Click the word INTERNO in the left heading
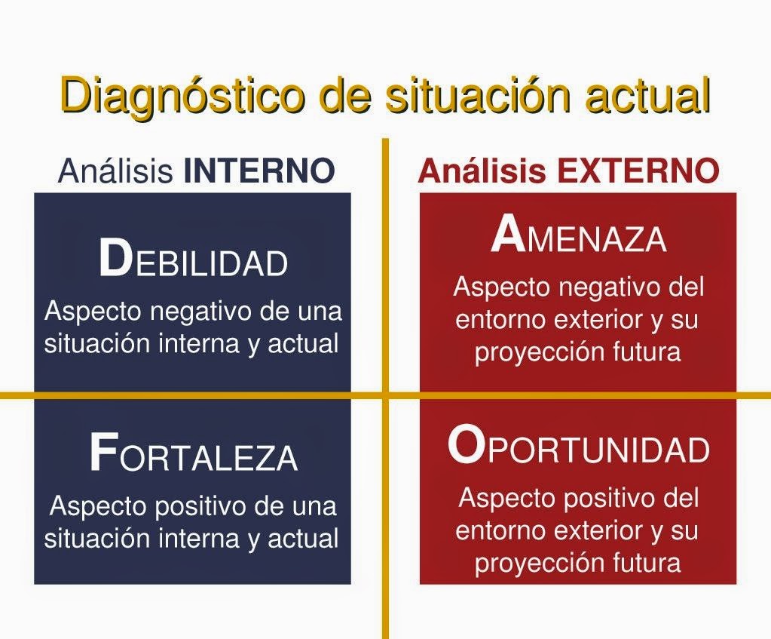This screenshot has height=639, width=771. [x=259, y=172]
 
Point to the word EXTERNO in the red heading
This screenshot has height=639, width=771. [x=638, y=172]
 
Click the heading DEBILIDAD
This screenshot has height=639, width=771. [x=193, y=260]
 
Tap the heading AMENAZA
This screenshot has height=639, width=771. [x=578, y=237]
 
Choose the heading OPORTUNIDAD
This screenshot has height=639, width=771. [x=578, y=447]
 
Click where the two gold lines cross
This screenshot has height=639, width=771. [x=385, y=395]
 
